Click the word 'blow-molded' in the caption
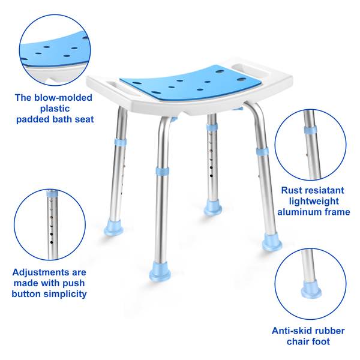[x=63, y=98]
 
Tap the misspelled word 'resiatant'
[x=324, y=190]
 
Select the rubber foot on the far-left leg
[x=113, y=227]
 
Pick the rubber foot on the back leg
[x=213, y=208]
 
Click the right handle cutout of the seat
[x=250, y=70]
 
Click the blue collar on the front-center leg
[x=163, y=171]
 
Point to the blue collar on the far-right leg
[x=262, y=152]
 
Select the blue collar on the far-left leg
[x=121, y=142]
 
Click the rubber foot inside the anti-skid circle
[x=311, y=289]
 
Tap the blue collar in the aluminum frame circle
[x=311, y=130]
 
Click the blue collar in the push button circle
[x=52, y=193]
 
